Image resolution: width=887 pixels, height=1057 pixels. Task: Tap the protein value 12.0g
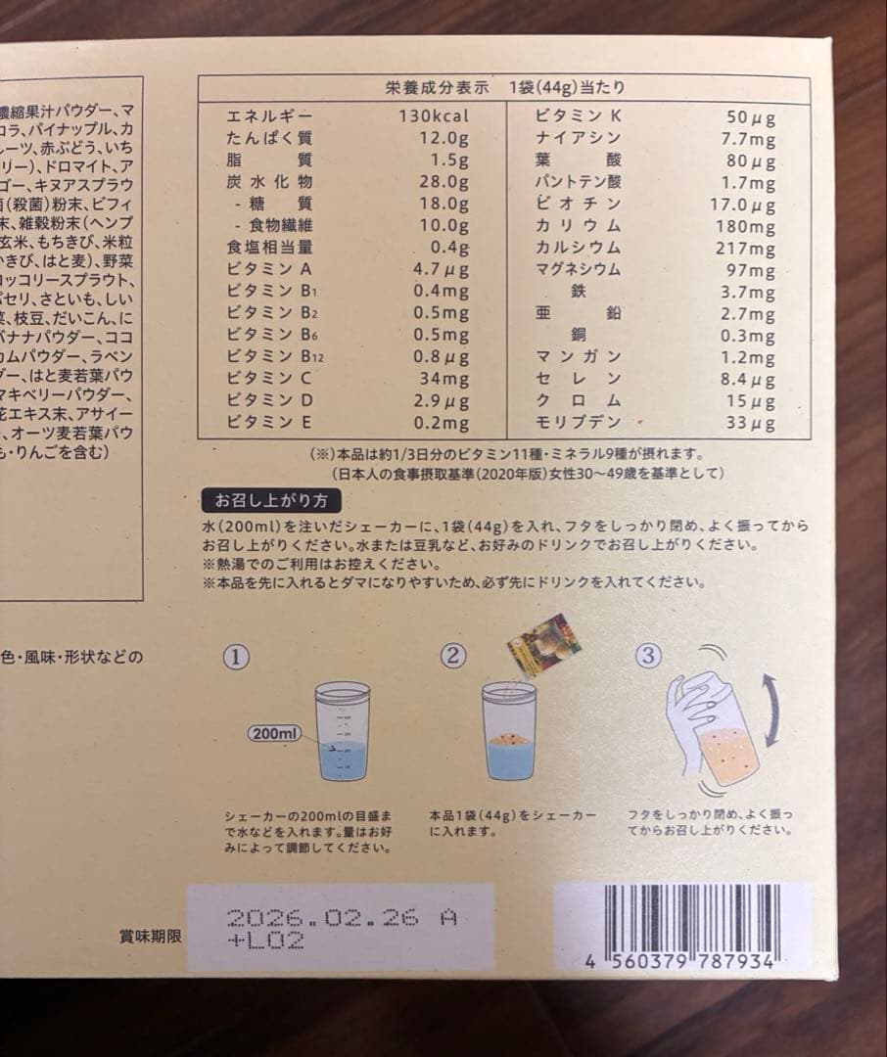click(x=440, y=138)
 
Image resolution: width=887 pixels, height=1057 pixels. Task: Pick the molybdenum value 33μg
click(x=751, y=424)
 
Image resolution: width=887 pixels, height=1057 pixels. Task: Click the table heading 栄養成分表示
click(x=437, y=87)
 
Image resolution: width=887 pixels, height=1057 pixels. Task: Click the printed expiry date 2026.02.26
click(x=323, y=917)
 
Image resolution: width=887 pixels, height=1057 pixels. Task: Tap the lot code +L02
click(x=265, y=942)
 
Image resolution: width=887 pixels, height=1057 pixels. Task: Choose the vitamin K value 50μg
click(x=751, y=116)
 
